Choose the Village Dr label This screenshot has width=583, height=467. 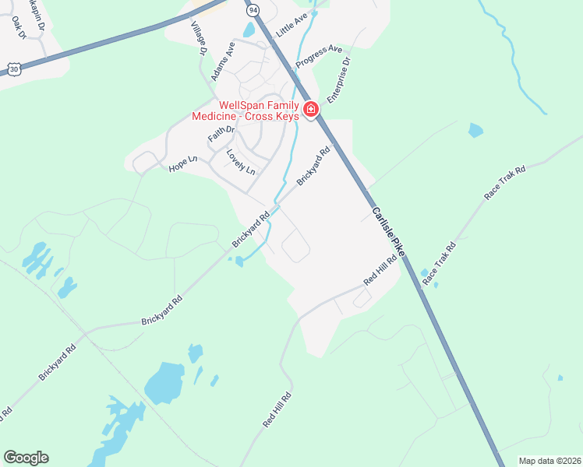(x=197, y=37)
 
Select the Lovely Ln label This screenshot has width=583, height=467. (x=240, y=161)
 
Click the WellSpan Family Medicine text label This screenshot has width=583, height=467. (x=246, y=111)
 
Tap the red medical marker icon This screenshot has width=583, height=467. (x=311, y=110)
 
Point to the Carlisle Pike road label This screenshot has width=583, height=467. (x=388, y=231)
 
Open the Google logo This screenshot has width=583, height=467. (x=26, y=458)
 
